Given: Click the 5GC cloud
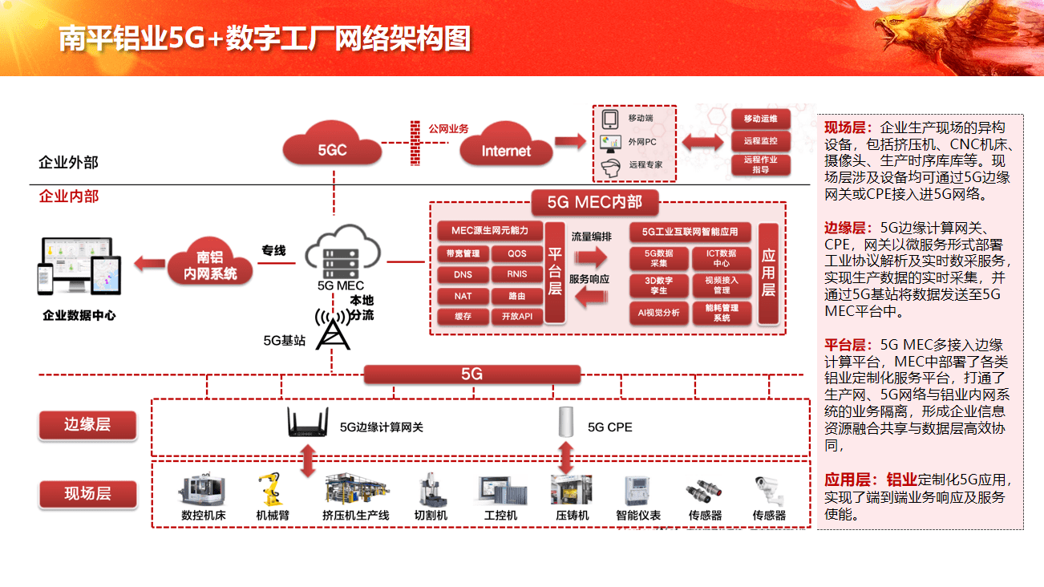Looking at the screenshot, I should pyautogui.click(x=332, y=148).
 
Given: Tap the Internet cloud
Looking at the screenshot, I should pyautogui.click(x=506, y=148).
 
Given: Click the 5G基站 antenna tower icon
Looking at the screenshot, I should pyautogui.click(x=333, y=329).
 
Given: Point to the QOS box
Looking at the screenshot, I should pyautogui.click(x=517, y=254).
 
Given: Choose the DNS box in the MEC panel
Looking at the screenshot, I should pyautogui.click(x=463, y=275).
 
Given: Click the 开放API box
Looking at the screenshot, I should pyautogui.click(x=517, y=316).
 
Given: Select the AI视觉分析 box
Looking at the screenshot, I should pyautogui.click(x=658, y=313).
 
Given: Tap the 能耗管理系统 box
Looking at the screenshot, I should pyautogui.click(x=722, y=313).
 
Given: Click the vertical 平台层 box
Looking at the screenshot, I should pyautogui.click(x=555, y=273).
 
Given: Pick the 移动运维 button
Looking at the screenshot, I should pyautogui.click(x=760, y=119).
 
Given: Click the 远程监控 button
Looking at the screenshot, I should pyautogui.click(x=760, y=142).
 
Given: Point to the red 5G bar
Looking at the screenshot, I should pyautogui.click(x=471, y=374).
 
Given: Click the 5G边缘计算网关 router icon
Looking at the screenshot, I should pyautogui.click(x=308, y=423).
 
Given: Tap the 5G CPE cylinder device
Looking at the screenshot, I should pyautogui.click(x=567, y=423).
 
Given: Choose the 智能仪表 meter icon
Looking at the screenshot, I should pyautogui.click(x=637, y=490).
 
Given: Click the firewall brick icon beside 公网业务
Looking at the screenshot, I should pyautogui.click(x=415, y=142).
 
